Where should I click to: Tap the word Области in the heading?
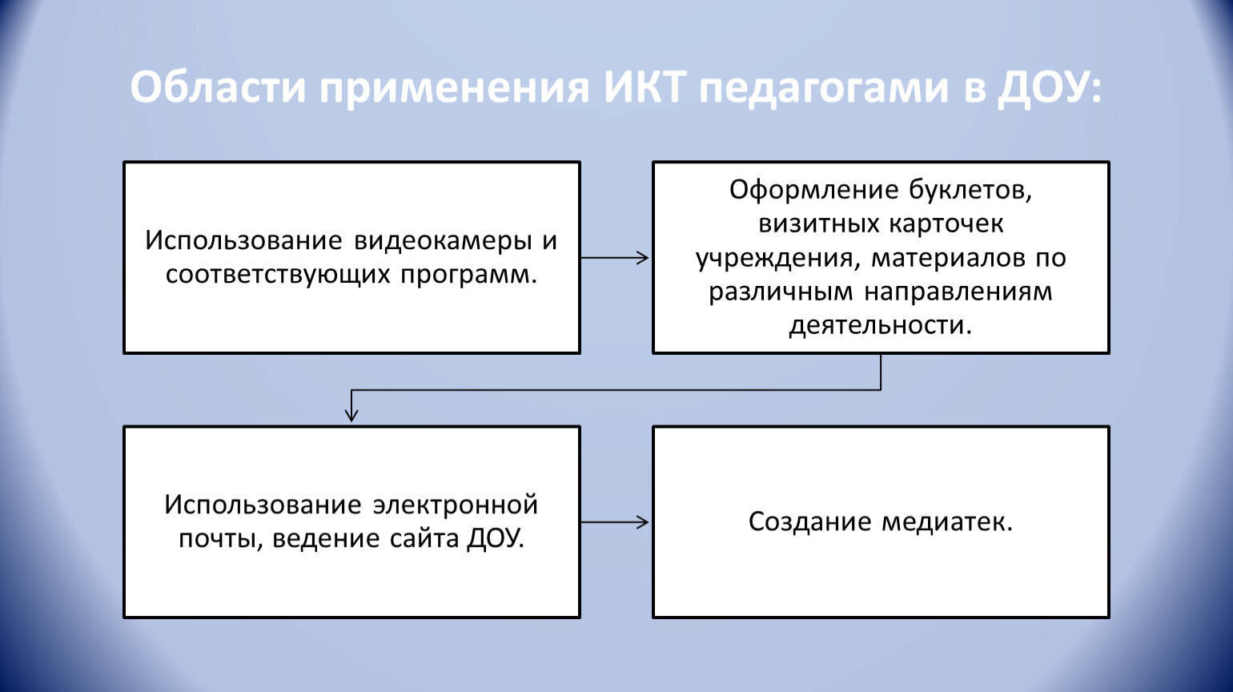pos(218,88)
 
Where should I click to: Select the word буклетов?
pos(970,191)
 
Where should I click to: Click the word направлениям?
pos(958,292)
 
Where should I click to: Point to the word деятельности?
pos(880,325)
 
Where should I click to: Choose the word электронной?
pos(455,505)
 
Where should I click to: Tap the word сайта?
pos(424,538)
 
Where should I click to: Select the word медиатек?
pos(947,522)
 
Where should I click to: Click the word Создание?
pos(810,522)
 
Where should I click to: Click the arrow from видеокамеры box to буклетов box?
pos(615,258)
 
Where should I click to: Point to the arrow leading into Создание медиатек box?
pos(615,522)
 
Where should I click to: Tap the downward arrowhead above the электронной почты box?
pos(351,415)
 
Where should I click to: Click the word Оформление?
pos(813,191)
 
